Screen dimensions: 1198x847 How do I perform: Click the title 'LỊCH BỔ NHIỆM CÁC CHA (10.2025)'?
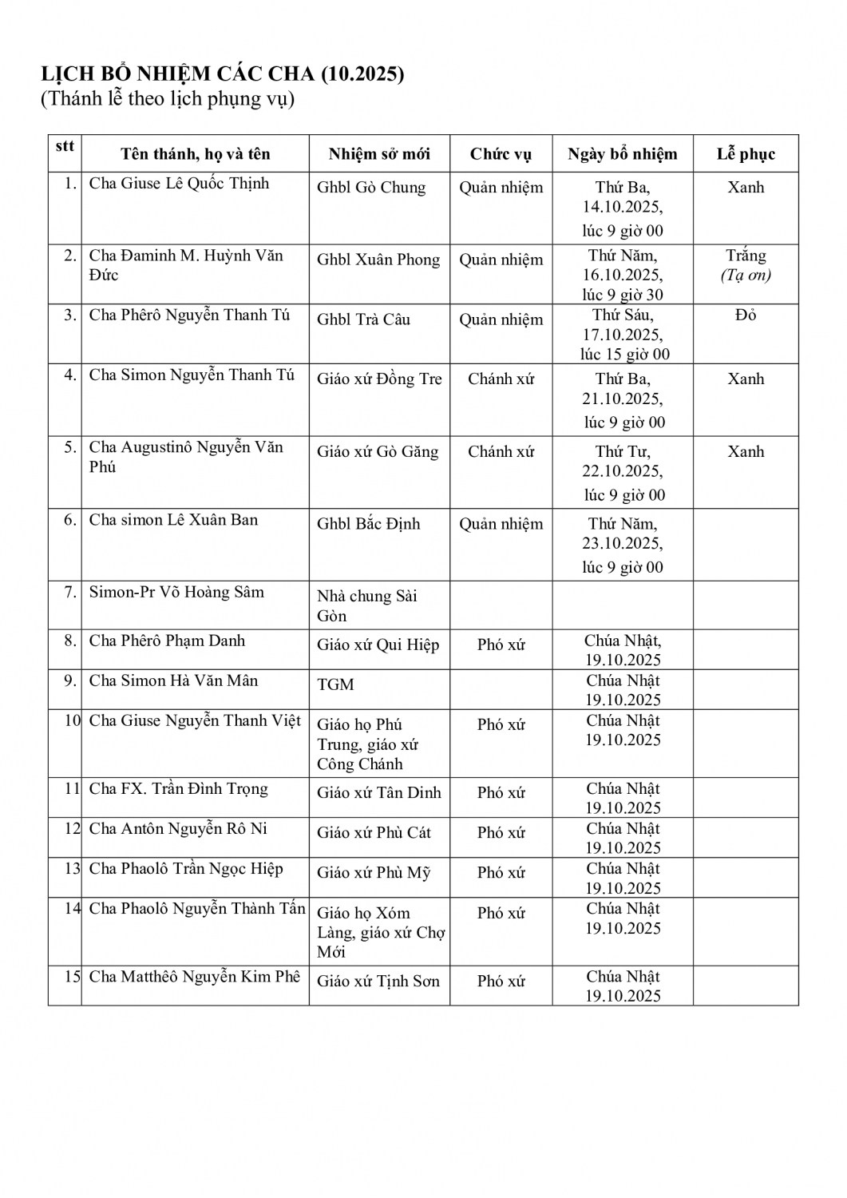pos(223,74)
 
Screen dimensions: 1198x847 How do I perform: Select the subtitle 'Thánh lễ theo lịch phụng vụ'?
pos(168,99)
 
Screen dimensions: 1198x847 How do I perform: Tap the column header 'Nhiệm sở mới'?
pos(378,154)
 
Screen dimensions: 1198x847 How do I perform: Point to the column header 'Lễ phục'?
pos(746,154)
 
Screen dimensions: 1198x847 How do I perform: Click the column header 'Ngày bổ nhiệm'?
pos(622,154)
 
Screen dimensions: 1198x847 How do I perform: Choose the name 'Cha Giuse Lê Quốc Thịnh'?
pos(179,184)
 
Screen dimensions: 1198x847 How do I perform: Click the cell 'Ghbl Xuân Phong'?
pos(378,260)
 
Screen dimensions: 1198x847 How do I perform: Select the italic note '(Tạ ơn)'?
pos(746,276)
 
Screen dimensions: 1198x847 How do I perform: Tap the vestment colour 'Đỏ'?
pos(746,315)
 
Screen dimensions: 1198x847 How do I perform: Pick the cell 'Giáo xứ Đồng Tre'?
pos(378,379)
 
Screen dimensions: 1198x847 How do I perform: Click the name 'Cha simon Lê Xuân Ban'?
pos(173,520)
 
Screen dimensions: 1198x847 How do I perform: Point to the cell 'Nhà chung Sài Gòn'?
pos(366,605)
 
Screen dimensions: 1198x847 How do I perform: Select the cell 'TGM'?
pos(335,684)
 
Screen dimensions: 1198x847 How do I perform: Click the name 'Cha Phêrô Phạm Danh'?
pos(167,641)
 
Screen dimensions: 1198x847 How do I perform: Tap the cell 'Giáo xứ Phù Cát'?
pos(374,832)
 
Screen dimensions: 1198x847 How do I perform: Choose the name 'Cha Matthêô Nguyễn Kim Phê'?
pos(195,977)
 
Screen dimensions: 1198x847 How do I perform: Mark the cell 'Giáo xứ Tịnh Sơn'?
pos(378,981)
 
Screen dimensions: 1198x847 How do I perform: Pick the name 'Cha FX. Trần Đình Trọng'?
pos(178,789)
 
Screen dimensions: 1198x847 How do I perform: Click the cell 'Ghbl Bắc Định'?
pos(368,524)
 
